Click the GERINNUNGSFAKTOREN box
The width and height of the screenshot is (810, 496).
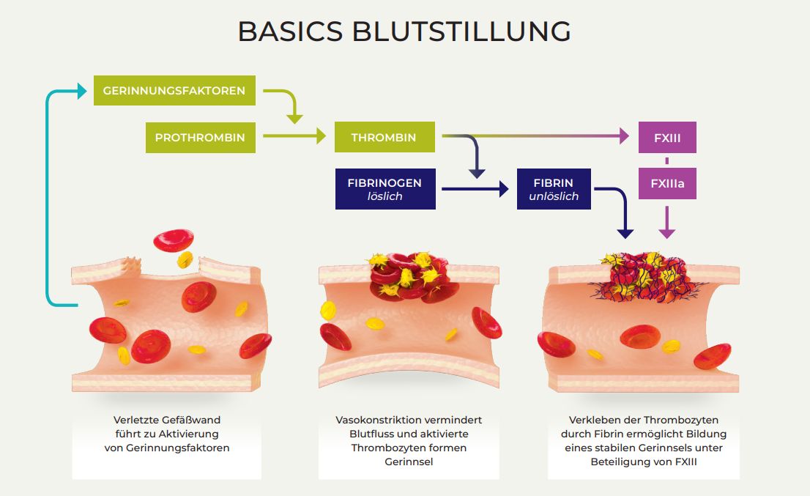point(174,90)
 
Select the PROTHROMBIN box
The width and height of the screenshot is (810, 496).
point(201,138)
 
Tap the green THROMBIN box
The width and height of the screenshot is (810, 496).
point(384,137)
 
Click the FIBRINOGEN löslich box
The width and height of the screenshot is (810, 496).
point(384,189)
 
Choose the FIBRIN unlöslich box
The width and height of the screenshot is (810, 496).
point(554,189)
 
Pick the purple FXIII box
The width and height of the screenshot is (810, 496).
point(667,138)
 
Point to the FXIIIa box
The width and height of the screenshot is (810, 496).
point(667,183)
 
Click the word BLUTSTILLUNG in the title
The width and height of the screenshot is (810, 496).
point(461,32)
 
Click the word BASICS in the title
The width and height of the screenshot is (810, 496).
point(290,32)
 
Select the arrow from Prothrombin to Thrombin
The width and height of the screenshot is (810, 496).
point(294,136)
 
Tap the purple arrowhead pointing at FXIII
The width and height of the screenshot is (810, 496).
point(624,136)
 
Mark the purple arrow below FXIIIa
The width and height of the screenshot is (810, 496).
point(667,222)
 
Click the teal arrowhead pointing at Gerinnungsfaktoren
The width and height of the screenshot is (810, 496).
point(81,91)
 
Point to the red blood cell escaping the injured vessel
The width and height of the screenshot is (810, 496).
point(174,241)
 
